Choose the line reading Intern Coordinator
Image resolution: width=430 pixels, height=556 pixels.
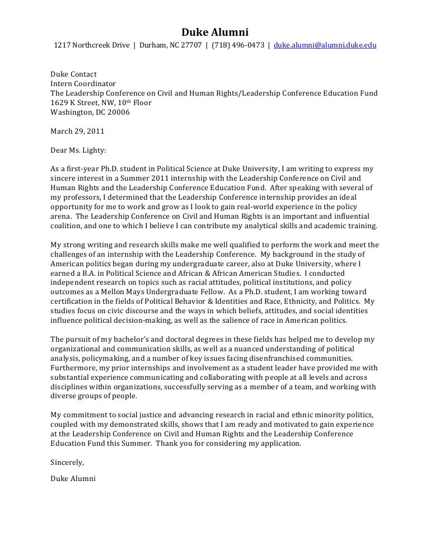tap(83, 83)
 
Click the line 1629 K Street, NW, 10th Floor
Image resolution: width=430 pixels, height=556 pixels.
tap(101, 102)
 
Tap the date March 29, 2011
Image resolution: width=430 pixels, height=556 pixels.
tap(77, 131)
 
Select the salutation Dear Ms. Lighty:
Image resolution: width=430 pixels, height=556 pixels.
tap(78, 150)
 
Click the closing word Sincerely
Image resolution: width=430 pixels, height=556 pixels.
tap(67, 462)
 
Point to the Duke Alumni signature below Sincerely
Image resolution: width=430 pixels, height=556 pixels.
tap(73, 478)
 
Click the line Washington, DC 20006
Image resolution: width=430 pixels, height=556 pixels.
tap(90, 112)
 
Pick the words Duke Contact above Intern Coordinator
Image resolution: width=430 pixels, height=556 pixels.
tap(73, 74)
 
